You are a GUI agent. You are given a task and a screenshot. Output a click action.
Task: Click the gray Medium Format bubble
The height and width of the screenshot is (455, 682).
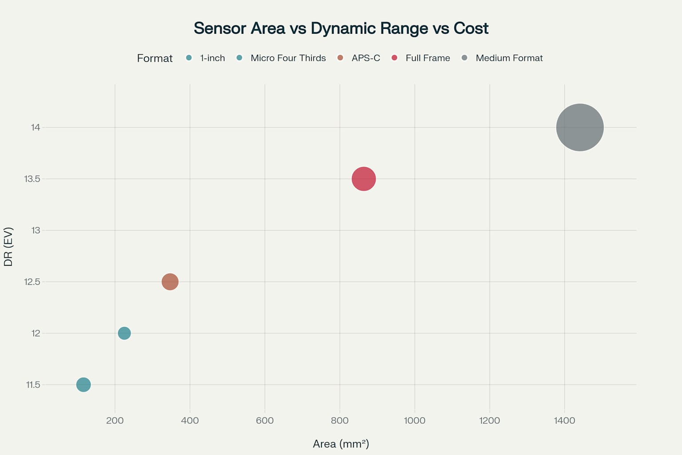coord(579,128)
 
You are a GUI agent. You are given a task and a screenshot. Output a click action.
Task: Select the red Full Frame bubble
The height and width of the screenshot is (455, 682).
coord(364,179)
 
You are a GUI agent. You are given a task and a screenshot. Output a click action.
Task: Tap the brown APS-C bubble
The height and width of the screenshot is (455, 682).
coord(170,282)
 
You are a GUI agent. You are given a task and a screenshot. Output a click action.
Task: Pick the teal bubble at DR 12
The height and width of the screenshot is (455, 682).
coord(124,333)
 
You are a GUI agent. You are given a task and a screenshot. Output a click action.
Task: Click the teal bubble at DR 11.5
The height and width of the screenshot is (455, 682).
coord(83,384)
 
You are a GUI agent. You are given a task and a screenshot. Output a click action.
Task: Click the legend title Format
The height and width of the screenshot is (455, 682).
coord(155,58)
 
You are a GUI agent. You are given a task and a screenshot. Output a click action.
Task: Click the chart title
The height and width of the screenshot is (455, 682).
coord(341,28)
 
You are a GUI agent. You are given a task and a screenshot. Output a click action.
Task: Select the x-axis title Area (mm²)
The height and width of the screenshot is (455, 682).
coord(341,443)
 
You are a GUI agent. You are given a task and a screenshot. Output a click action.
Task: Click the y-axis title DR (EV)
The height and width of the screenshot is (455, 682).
coord(8,247)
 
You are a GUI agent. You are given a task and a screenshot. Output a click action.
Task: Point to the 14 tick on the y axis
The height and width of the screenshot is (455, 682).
coord(36,128)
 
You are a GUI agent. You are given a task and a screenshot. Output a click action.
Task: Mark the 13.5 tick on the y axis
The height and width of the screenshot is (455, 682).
coord(32,179)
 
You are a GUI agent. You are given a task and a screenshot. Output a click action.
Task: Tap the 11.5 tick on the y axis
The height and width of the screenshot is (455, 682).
coord(33,385)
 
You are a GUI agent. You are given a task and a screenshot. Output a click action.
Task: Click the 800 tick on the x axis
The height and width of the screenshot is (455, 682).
coord(340,420)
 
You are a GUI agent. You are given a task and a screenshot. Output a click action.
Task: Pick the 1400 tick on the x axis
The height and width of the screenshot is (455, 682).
coord(564,420)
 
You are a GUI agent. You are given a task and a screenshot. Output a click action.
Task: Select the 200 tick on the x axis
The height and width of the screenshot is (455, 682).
coord(115,420)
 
